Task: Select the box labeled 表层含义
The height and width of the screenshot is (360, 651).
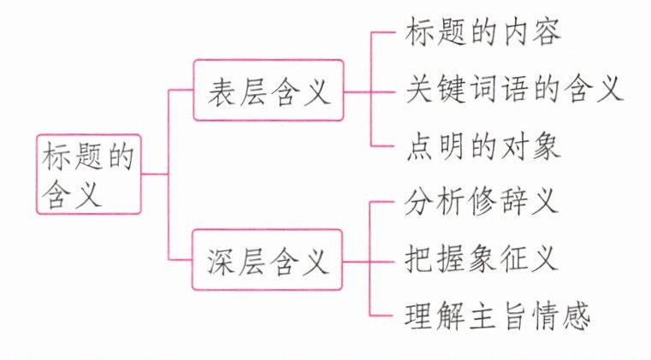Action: [x=268, y=90]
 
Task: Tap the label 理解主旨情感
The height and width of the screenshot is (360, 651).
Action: [x=497, y=316]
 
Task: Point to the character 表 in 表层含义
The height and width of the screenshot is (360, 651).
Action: [x=222, y=91]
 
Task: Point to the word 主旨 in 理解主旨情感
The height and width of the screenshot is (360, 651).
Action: [x=497, y=316]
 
